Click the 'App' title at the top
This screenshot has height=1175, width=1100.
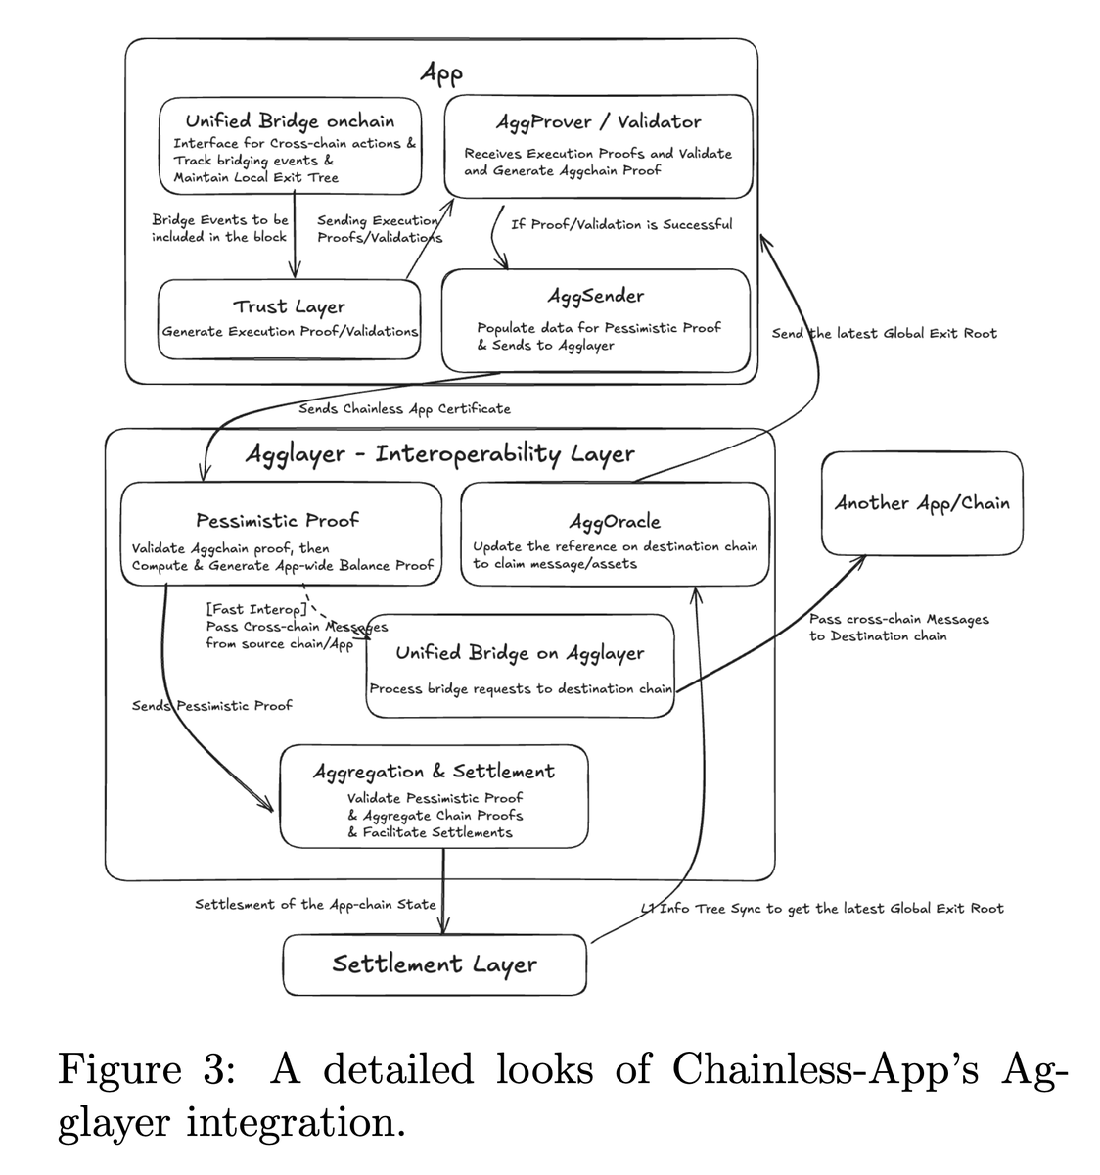(x=440, y=73)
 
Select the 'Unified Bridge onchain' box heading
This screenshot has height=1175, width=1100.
(x=290, y=121)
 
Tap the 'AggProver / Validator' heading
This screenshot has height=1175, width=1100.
(x=598, y=122)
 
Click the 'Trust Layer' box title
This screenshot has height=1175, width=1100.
(x=289, y=307)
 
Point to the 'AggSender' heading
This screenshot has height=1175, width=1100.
(x=595, y=296)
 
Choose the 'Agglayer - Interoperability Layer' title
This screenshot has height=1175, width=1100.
(x=438, y=454)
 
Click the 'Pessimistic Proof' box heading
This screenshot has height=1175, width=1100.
(x=278, y=520)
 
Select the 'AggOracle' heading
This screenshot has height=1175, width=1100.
(x=615, y=522)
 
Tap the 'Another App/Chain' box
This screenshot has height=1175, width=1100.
(x=922, y=503)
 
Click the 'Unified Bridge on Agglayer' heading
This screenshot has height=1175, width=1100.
(x=520, y=653)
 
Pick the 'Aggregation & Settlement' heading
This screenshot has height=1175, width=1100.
(x=434, y=772)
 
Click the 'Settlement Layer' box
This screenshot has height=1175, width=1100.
(x=435, y=963)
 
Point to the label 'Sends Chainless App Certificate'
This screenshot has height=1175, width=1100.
(x=404, y=408)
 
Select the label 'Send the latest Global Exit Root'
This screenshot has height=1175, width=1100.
(x=884, y=334)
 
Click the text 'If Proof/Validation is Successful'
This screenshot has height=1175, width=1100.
(x=621, y=224)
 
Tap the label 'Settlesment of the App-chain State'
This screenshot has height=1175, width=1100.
(x=315, y=904)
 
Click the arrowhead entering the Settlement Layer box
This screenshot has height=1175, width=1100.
(x=444, y=927)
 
